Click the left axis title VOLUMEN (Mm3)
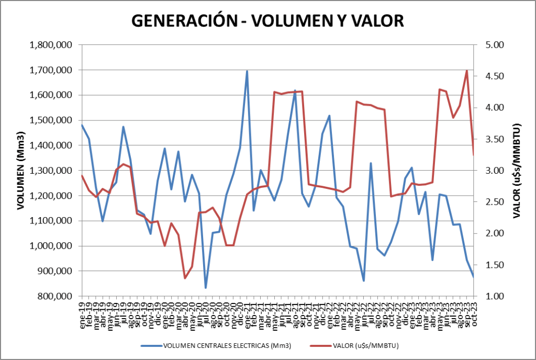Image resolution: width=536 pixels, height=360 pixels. pyautogui.click(x=20, y=170)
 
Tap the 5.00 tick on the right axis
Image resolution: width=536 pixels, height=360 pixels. pyautogui.click(x=490, y=45)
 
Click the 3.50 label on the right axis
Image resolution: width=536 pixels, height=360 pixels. pyautogui.click(x=490, y=139)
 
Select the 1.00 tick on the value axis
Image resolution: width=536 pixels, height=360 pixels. pyautogui.click(x=490, y=296)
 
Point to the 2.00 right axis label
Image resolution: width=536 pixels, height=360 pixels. pyautogui.click(x=490, y=233)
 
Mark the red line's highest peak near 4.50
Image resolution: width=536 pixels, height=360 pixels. pyautogui.click(x=466, y=71)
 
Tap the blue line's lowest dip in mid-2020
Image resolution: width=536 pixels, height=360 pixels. pyautogui.click(x=206, y=288)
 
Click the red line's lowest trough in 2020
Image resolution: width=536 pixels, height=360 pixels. pyautogui.click(x=185, y=278)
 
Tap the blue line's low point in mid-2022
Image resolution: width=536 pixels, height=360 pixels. pyautogui.click(x=363, y=280)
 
